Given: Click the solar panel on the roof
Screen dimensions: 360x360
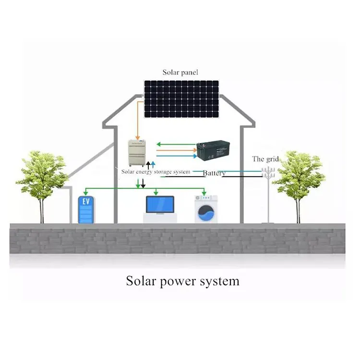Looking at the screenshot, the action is pos(181,99).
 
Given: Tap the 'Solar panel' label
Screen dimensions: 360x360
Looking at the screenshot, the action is pos(180,72).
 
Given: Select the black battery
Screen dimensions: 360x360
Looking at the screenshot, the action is pos(213,150).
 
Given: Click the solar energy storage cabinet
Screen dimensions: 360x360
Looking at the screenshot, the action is pos(137,153).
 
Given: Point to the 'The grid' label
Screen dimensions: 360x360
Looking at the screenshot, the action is pos(265,159).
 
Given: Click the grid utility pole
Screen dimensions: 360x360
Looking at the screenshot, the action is pos(268,195).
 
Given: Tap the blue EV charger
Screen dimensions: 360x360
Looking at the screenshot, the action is pos(86,209).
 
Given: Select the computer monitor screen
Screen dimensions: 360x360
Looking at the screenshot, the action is pos(160,204).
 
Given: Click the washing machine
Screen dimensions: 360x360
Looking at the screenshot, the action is pos(206,209).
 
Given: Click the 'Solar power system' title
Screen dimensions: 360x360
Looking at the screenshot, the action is pos(182,281).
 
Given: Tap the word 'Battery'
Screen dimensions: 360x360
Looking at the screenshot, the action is pos(214,173).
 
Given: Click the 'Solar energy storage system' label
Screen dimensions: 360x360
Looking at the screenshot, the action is pos(156,172).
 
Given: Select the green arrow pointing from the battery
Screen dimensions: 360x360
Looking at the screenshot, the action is pos(176,144).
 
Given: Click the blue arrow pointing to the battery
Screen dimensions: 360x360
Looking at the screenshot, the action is pos(177,156).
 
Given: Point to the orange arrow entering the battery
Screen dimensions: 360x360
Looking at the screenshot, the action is pos(177,150).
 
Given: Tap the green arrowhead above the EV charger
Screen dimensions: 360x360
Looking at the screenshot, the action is pos(85,193).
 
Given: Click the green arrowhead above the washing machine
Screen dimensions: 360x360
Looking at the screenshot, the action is pos(204,193).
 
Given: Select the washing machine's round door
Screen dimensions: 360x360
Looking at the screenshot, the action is pos(206,213).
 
